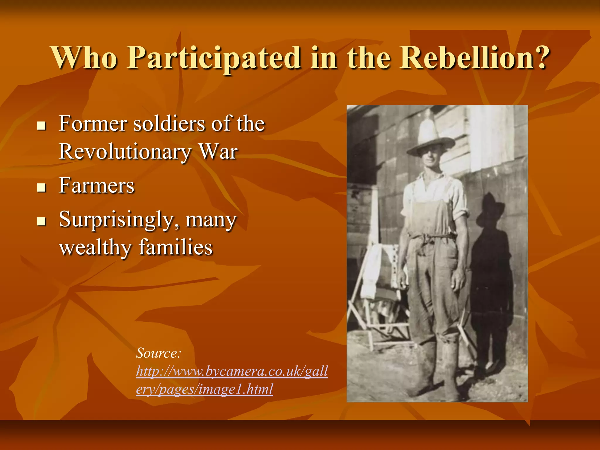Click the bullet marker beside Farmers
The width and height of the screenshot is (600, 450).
pos(42,187)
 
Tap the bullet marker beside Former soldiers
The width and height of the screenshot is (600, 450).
pos(42,126)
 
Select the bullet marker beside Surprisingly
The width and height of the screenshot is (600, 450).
pos(42,221)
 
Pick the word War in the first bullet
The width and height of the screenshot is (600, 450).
pos(218,152)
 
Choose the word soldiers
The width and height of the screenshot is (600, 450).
pos(169,124)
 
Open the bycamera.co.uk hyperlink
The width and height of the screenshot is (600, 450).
pos(231,371)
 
